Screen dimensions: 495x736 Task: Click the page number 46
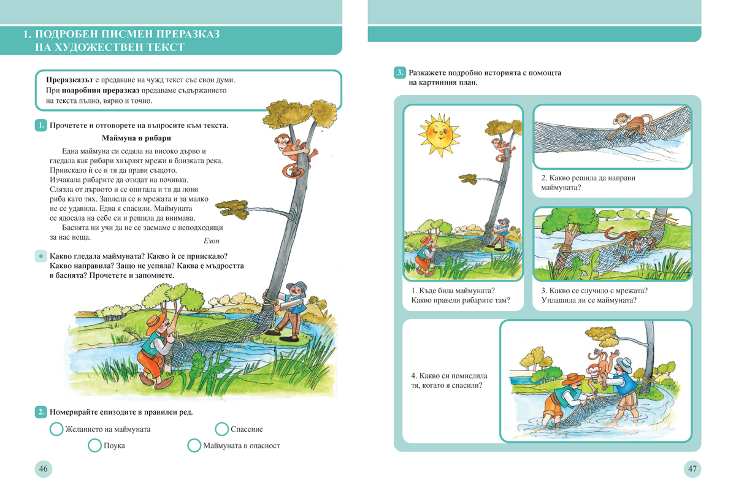(44, 469)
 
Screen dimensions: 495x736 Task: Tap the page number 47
(692, 469)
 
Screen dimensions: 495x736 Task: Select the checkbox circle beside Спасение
(222, 429)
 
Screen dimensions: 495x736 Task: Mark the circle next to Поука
(94, 445)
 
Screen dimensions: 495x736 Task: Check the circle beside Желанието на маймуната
(56, 429)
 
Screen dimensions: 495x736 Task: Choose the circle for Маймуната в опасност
(194, 445)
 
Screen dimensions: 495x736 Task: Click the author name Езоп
(211, 241)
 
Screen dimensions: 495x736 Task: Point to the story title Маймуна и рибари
(136, 138)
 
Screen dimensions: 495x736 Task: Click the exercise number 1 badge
(40, 126)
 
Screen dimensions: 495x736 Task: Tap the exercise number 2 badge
(40, 412)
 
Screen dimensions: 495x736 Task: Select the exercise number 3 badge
(399, 73)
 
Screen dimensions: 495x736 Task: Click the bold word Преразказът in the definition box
(69, 80)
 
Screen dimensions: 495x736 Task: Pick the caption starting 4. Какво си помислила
(446, 380)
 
